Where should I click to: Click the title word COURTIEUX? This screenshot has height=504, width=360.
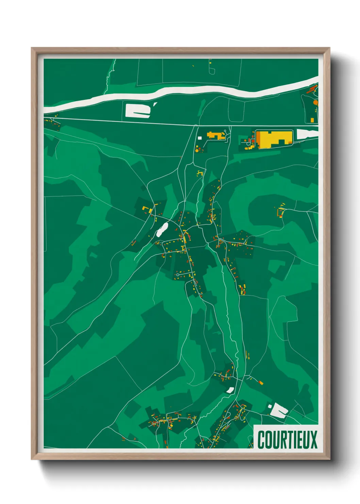(x=287, y=440)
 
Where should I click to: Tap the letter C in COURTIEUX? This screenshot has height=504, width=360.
(x=261, y=440)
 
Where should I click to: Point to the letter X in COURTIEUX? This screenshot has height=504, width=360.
(x=313, y=440)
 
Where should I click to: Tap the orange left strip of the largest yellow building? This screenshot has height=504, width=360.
(x=258, y=139)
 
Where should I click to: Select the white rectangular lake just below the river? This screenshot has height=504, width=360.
(x=137, y=110)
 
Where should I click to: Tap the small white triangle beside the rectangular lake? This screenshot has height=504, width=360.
(x=155, y=104)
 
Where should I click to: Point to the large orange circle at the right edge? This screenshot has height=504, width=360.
(x=315, y=102)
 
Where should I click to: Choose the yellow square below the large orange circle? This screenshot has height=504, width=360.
(x=312, y=120)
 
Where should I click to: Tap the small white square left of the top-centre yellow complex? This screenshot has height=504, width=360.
(x=200, y=138)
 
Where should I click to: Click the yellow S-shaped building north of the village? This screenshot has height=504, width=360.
(x=200, y=173)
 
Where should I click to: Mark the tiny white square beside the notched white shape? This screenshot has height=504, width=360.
(x=270, y=406)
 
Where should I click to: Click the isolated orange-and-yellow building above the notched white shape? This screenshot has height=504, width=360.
(x=261, y=383)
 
